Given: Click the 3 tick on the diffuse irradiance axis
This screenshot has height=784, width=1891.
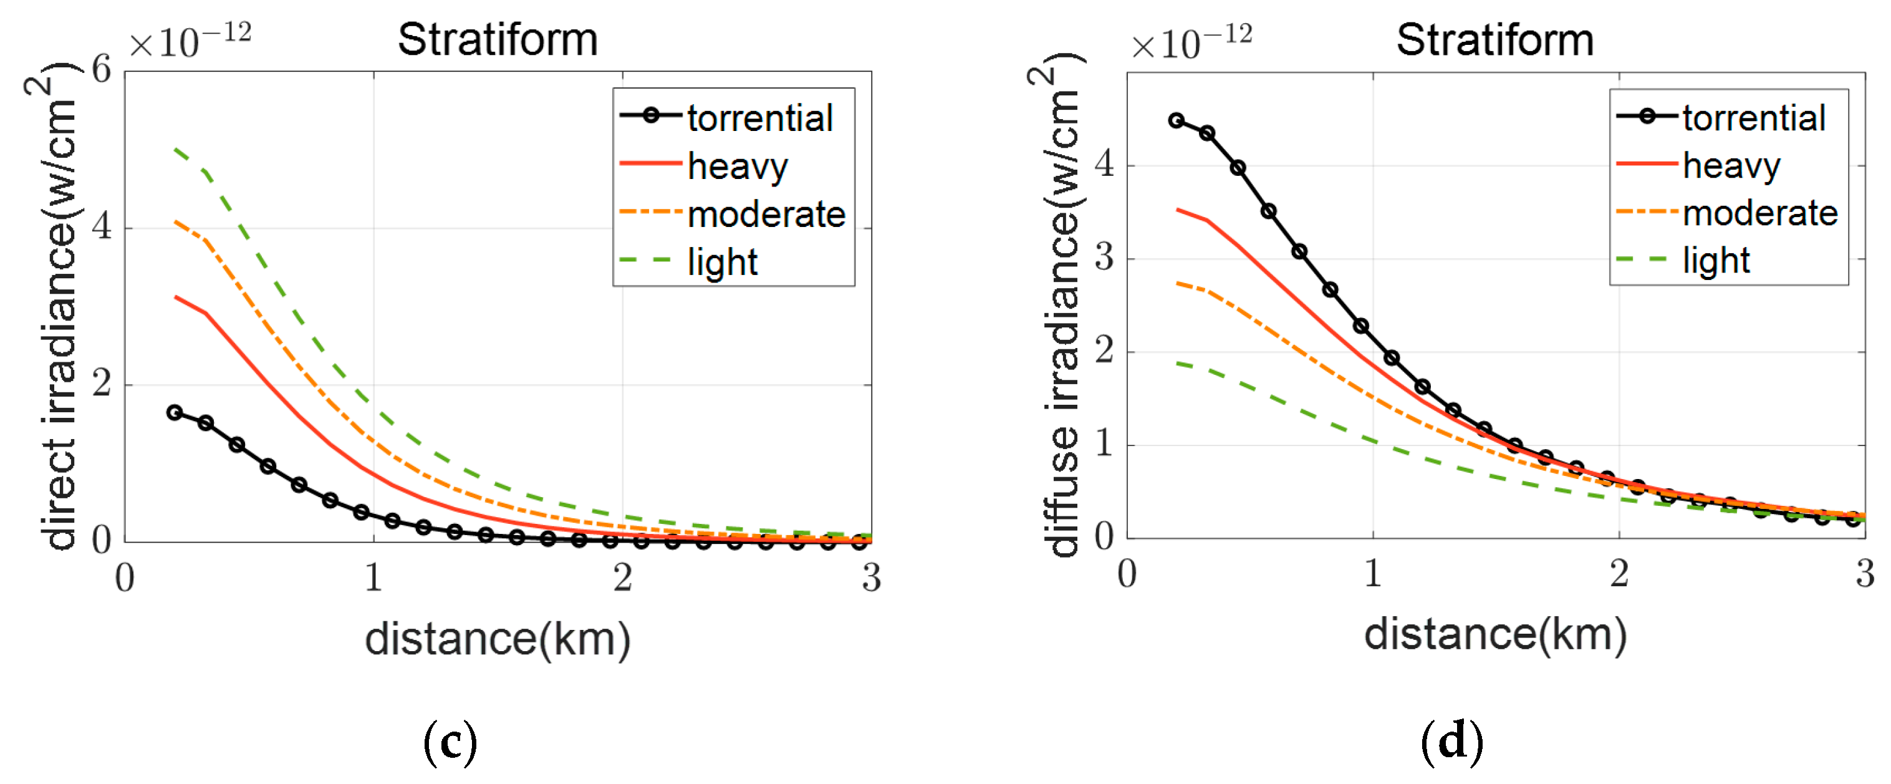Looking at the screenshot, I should click(1104, 258).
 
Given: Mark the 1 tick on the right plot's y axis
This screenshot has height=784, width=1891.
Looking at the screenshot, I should click(1104, 444).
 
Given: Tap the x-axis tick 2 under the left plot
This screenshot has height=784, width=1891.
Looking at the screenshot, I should click(622, 577).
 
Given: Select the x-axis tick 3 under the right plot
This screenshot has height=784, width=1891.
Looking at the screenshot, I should click(1865, 573).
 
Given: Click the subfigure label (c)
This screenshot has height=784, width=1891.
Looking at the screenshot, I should click(450, 742).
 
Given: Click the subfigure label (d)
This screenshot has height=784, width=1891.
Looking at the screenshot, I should click(1451, 742).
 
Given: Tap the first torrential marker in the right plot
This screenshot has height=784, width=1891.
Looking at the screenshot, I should click(1176, 120).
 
